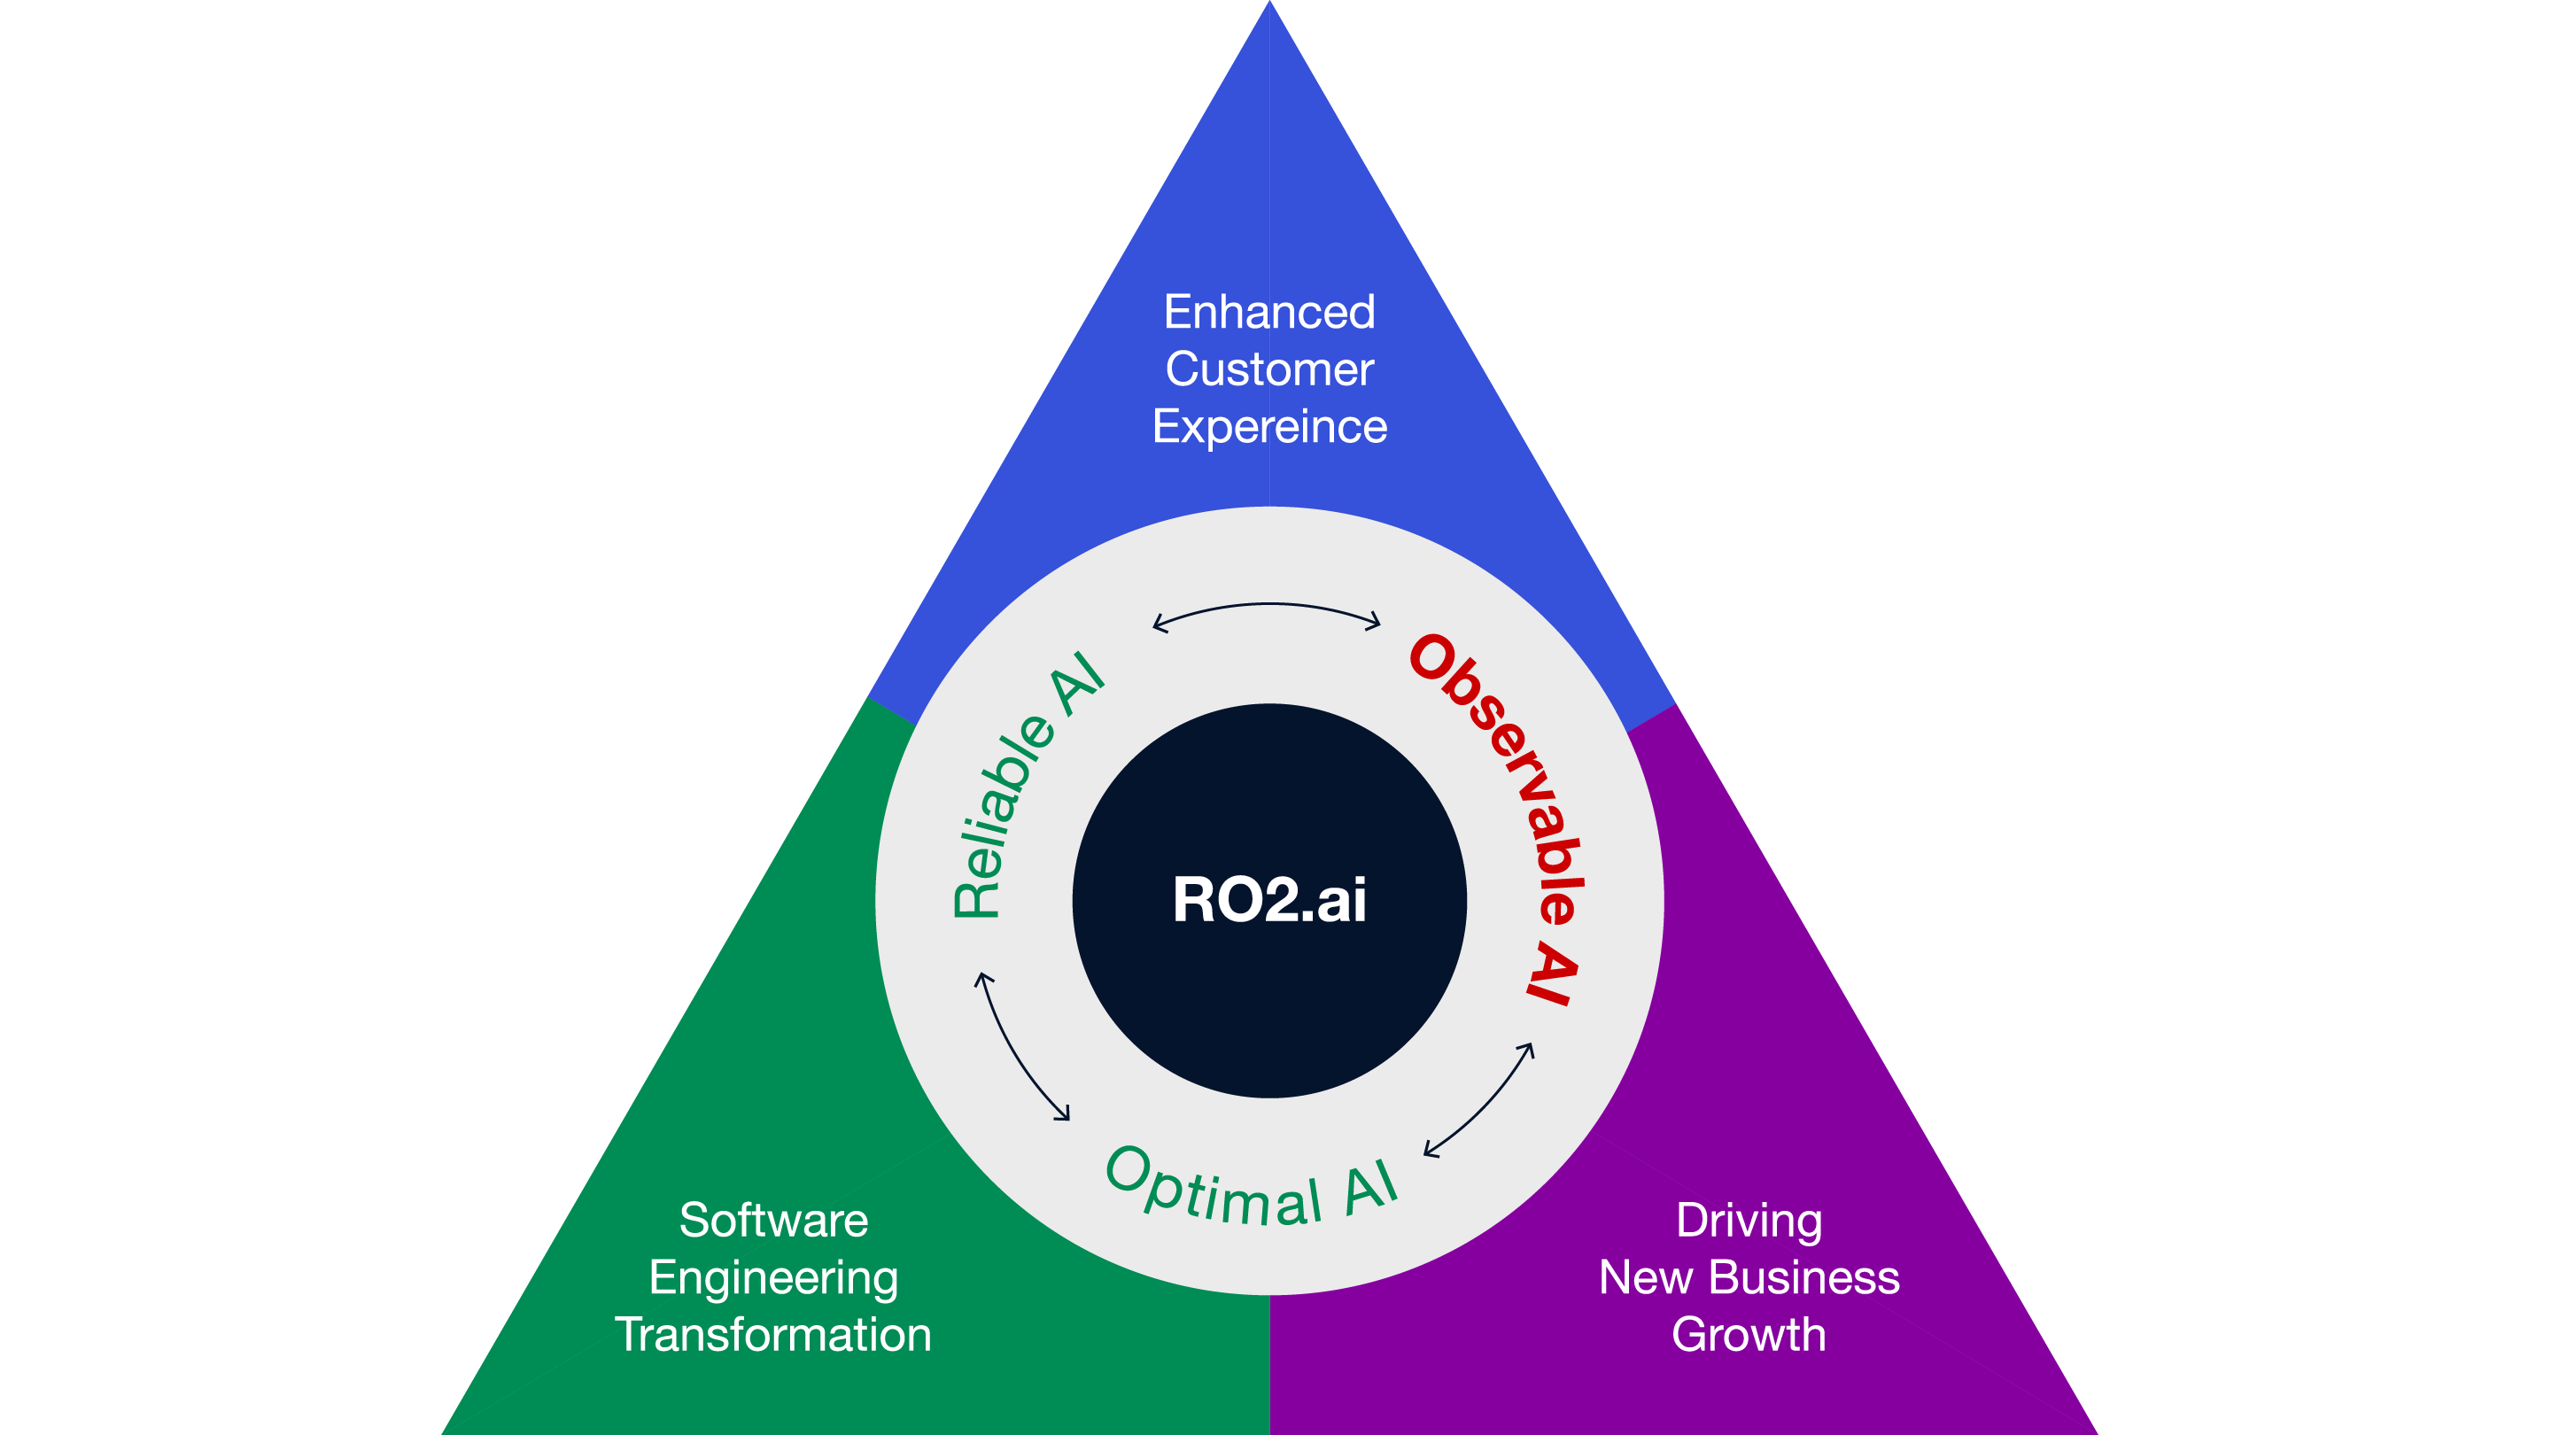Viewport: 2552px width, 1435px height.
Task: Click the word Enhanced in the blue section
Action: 1269,312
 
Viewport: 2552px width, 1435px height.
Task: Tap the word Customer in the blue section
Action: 1269,369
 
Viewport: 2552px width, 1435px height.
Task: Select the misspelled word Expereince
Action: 1269,427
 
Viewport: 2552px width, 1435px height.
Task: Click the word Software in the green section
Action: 772,1220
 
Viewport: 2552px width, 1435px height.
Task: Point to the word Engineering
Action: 772,1278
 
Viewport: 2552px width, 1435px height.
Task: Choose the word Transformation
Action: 772,1335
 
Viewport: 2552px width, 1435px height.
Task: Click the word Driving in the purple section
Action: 1749,1220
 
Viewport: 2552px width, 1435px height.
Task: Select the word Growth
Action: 1749,1335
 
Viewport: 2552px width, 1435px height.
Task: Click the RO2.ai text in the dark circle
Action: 1269,900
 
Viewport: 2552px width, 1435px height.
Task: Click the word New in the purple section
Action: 1646,1277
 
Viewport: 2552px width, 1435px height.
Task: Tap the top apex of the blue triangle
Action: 1270,8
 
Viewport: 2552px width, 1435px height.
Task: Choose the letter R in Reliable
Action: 977,896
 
